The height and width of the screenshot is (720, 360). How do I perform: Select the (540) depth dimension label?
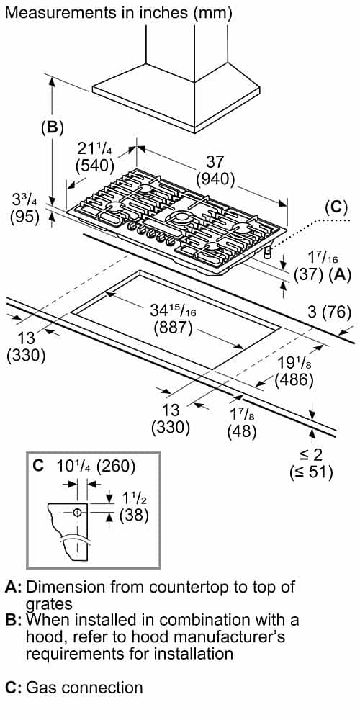(x=95, y=164)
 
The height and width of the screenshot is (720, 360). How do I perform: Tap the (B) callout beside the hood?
(x=52, y=127)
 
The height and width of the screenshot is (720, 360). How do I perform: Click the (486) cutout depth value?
(x=294, y=379)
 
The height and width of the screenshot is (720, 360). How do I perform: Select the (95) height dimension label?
(x=24, y=216)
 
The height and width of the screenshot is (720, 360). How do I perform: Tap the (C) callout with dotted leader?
(x=336, y=208)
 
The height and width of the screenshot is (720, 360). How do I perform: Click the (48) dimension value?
(x=242, y=431)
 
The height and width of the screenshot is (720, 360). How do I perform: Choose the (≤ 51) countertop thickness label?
(x=311, y=472)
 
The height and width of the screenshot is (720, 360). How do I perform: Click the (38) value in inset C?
(x=134, y=516)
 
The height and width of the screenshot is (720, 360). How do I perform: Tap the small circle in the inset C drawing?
(x=77, y=512)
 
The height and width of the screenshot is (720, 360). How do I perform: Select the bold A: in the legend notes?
(x=13, y=588)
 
